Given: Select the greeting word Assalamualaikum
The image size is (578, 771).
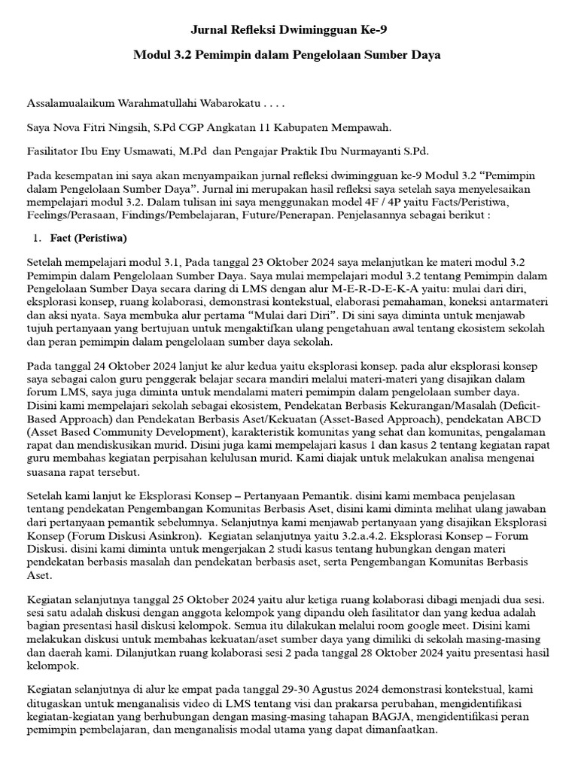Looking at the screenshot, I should point(73,102).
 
